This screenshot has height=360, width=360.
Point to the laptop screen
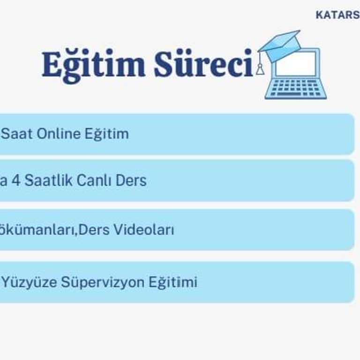pos(295,64)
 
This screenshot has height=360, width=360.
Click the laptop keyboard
pos(295,88)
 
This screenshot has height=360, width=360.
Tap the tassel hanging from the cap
pos(260,68)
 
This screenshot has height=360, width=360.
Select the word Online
pos(59,134)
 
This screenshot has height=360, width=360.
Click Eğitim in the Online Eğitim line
pos(106,134)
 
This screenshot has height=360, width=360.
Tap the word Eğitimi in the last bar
pos(173,282)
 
